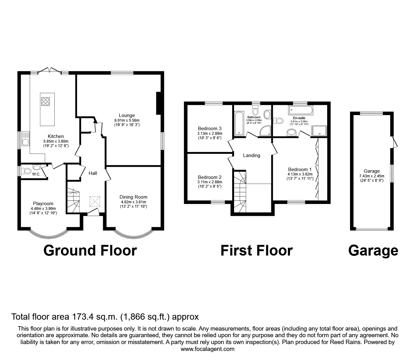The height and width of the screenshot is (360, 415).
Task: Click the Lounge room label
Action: pos(127,115)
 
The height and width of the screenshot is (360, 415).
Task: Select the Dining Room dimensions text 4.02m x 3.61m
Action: pos(133,202)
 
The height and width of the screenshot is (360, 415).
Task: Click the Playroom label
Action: pos(43,204)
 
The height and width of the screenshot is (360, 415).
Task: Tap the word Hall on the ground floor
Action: pos(93,173)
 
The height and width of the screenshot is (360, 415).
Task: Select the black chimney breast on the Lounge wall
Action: pos(158,103)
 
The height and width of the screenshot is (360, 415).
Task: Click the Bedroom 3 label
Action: pos(210,128)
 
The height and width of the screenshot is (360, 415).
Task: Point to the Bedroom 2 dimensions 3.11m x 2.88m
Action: pos(210,182)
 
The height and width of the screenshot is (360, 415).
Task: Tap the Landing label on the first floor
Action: pos(252,155)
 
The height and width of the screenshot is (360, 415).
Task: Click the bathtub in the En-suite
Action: pos(300,110)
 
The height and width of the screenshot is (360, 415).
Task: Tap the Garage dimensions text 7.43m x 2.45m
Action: pos(372,176)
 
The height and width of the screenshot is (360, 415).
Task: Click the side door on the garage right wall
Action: pos(395,142)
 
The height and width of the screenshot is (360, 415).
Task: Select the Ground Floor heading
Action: pos(90,251)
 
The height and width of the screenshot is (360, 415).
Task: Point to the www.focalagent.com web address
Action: pos(207,349)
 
